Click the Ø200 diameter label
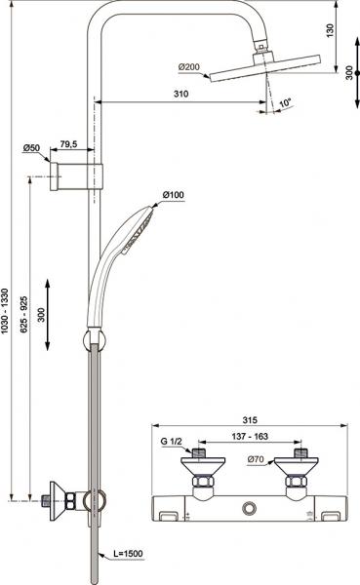[x=189, y=67]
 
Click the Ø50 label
[x=33, y=148]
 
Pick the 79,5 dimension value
[x=69, y=144]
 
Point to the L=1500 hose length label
[x=127, y=554]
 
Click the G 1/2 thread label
[x=172, y=442]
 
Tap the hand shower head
[x=140, y=222]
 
